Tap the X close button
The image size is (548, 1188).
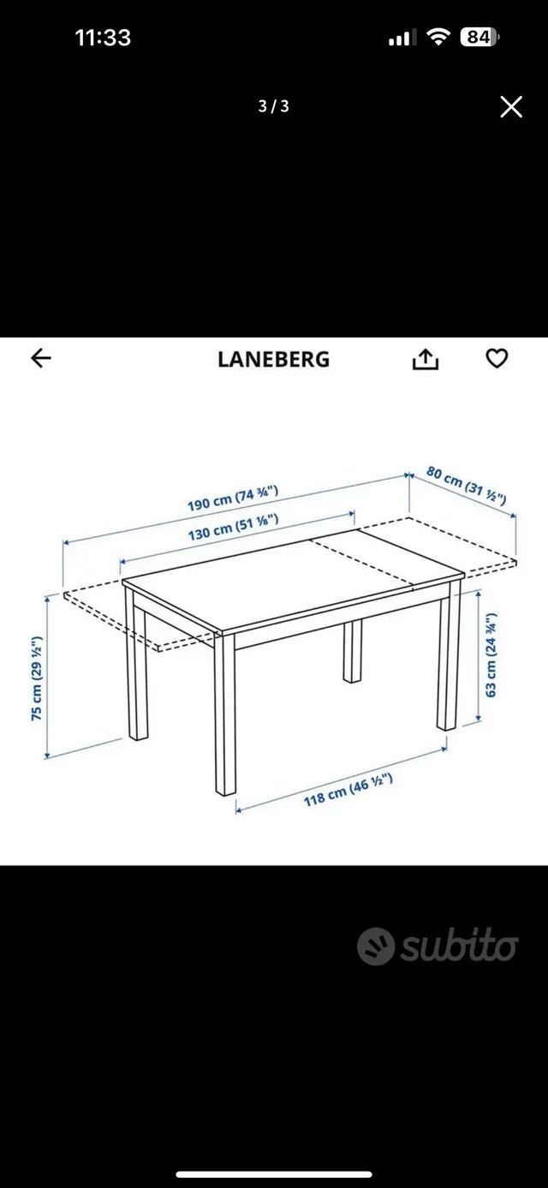(511, 107)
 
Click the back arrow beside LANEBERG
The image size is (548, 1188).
(41, 359)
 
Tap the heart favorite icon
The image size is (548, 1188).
(497, 359)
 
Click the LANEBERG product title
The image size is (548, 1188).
(273, 360)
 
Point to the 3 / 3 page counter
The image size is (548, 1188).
(274, 107)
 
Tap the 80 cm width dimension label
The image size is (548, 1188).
(467, 484)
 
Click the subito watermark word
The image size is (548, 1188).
(458, 946)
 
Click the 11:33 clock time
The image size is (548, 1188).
(103, 38)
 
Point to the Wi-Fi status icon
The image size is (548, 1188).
(439, 37)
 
